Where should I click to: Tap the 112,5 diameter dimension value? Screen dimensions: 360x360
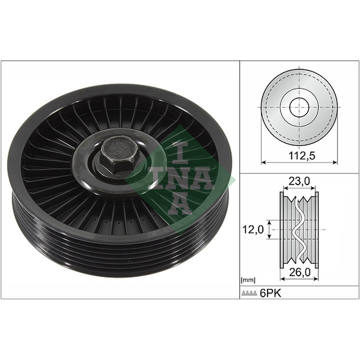click(x=299, y=156)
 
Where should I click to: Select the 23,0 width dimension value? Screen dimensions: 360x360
click(x=299, y=181)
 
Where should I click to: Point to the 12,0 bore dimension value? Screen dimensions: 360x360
click(x=253, y=229)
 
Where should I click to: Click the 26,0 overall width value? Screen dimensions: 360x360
click(x=300, y=272)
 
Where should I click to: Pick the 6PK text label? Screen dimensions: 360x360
click(x=270, y=293)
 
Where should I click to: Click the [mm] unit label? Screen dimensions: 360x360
click(x=248, y=280)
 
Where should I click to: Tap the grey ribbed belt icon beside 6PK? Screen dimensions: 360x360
click(x=249, y=293)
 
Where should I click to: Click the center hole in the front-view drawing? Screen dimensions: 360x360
click(x=299, y=107)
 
